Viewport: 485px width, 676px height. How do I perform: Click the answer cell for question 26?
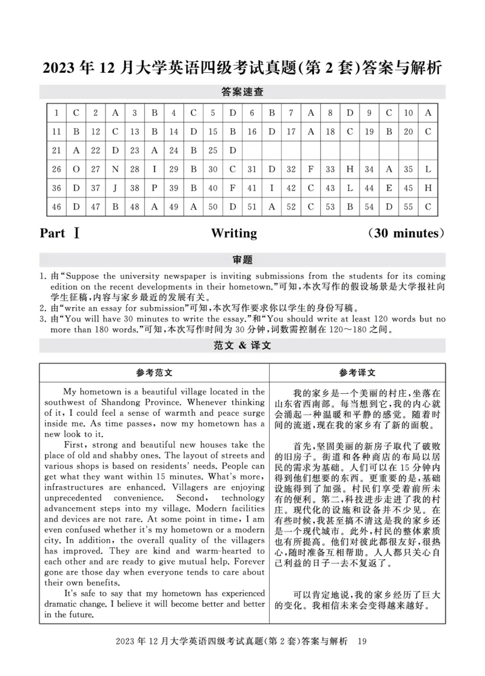point(76,169)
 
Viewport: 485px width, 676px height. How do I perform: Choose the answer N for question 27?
point(115,169)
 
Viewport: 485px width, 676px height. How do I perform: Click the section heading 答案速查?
point(242,92)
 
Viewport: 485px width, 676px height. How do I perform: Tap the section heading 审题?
point(242,260)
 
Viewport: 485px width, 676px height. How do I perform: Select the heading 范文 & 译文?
point(242,345)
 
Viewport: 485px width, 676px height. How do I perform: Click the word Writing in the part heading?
point(234,233)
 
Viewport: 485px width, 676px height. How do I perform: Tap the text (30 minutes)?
point(406,233)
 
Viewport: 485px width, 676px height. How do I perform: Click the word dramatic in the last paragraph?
point(62,604)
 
